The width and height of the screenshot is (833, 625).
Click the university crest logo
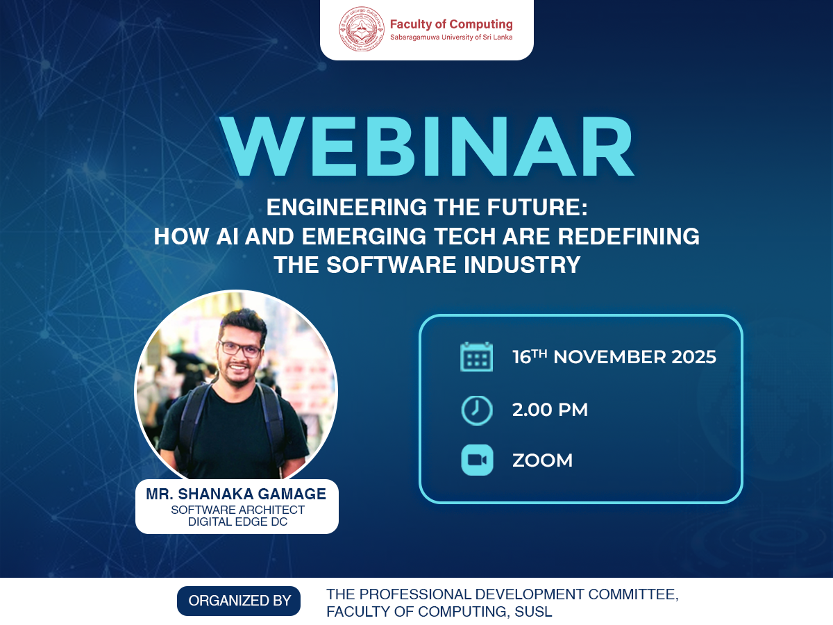coord(361,30)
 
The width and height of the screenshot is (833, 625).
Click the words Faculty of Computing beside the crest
coord(451,24)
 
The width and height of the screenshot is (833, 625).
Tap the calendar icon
coord(477,357)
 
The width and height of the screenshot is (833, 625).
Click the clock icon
coord(477,410)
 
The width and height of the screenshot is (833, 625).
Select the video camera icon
coord(477,460)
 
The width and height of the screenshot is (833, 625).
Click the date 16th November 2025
coord(614,357)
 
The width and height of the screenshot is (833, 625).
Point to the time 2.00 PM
coord(550,410)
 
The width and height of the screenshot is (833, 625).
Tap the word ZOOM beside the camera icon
coord(542,460)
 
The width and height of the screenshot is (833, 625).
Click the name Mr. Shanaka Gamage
coord(236,494)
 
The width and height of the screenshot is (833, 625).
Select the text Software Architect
coord(237,510)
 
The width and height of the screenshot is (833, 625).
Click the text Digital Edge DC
coord(237,522)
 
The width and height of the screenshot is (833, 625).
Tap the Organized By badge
coord(239,601)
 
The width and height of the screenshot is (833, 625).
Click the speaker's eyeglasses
coord(240,349)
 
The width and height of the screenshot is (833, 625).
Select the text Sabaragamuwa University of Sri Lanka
coord(451,37)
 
